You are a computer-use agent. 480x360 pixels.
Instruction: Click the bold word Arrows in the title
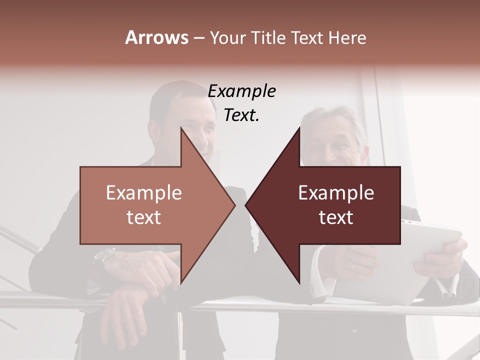[156, 37]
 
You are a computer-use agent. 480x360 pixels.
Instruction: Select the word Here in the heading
[347, 38]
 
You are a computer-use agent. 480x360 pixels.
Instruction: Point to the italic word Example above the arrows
[241, 91]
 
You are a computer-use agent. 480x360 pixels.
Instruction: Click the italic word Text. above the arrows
[241, 115]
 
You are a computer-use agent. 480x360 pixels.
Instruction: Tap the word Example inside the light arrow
[144, 193]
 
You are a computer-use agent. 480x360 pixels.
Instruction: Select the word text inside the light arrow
[144, 217]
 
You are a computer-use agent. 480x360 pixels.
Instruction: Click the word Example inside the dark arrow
[336, 193]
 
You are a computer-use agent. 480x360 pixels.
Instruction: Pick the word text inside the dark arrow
[336, 217]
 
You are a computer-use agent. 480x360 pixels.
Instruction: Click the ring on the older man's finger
[353, 266]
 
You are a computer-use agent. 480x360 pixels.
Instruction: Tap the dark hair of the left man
[170, 97]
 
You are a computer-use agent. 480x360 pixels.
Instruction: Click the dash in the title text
[198, 38]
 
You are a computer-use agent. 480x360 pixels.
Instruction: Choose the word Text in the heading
[306, 38]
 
